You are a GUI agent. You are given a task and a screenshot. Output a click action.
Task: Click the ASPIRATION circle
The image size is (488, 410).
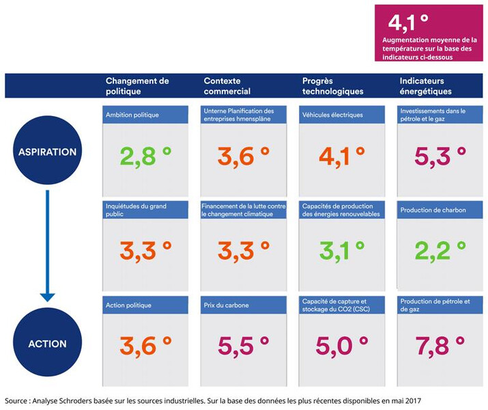click(x=47, y=152)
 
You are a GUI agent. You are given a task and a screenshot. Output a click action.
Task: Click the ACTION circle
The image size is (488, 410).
click(x=47, y=343)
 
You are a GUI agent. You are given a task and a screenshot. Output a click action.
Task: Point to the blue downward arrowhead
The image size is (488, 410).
click(x=47, y=295)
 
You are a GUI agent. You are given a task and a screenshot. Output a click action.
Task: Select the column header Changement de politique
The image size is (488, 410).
click(x=137, y=85)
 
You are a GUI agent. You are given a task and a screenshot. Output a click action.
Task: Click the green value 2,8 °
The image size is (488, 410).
click(x=146, y=156)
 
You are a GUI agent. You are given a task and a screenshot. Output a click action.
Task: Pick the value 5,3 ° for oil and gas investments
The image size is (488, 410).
click(x=440, y=156)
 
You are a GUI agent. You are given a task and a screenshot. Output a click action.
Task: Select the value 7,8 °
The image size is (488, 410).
click(x=440, y=346)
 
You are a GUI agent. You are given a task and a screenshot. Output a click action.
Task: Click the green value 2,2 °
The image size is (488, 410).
click(x=440, y=251)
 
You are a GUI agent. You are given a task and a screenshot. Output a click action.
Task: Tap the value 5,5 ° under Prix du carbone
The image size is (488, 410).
click(x=244, y=346)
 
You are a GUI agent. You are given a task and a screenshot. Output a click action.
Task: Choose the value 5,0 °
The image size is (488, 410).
click(x=342, y=346)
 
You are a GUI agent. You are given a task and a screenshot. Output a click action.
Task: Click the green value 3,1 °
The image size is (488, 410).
click(x=342, y=251)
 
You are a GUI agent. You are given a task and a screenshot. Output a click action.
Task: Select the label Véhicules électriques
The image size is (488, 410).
click(x=332, y=115)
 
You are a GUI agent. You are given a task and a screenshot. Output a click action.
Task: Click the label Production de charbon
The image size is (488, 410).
click(x=433, y=210)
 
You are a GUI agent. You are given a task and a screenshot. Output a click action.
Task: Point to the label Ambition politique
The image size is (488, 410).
click(x=132, y=115)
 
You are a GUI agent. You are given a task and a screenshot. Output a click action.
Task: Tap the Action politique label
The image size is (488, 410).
click(x=128, y=305)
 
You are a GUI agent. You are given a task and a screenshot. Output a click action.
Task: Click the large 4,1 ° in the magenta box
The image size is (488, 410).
click(x=408, y=23)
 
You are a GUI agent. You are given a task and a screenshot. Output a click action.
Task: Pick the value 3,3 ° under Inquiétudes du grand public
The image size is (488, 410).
click(x=146, y=251)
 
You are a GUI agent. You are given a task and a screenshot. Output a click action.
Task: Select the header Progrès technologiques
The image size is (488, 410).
click(x=332, y=85)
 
